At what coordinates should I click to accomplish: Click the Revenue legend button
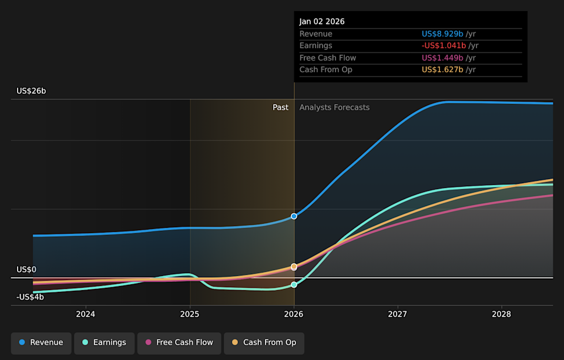[41, 342]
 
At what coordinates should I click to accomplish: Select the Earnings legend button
[104, 342]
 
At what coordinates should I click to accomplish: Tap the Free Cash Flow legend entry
[179, 342]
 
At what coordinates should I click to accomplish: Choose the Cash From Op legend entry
[264, 342]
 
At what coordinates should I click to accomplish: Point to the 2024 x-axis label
[86, 314]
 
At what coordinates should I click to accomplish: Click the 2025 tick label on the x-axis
[190, 314]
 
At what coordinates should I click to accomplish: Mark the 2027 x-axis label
[398, 314]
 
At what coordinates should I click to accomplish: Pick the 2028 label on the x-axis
[502, 314]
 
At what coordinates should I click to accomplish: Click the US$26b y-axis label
[31, 91]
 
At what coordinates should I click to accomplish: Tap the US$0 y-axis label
[26, 270]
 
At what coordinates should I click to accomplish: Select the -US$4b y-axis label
[30, 297]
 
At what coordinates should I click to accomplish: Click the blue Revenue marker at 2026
[294, 216]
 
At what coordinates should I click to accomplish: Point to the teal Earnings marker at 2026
[294, 285]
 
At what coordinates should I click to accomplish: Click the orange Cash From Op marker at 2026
[294, 266]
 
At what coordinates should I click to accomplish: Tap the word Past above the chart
[280, 107]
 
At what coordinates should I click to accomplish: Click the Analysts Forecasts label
[334, 107]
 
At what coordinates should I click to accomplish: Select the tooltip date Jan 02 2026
[322, 22]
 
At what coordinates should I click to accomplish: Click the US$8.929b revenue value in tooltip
[442, 34]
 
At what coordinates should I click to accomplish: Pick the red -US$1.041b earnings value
[444, 46]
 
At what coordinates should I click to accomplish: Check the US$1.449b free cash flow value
[442, 58]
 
